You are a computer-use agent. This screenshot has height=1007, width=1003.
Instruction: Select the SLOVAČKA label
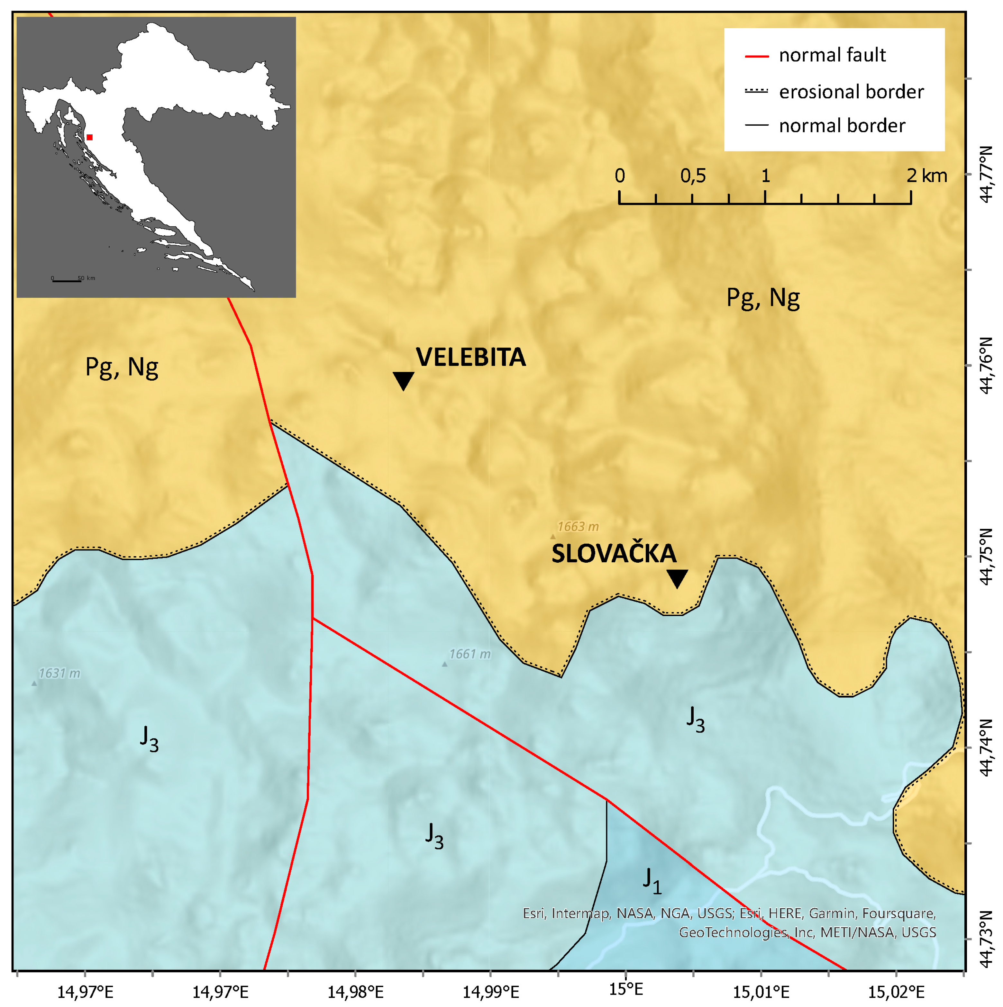click(x=614, y=554)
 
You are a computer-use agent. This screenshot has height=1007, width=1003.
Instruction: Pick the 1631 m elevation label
click(x=59, y=673)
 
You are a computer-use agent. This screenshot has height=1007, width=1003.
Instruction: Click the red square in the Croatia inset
click(x=90, y=137)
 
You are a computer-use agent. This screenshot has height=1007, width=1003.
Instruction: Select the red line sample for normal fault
click(x=756, y=56)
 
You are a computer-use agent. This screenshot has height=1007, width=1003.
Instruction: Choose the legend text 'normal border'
click(x=842, y=126)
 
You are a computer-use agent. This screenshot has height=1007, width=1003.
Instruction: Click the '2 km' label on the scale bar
click(x=926, y=176)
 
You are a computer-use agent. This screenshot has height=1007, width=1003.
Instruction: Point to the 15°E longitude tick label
click(x=625, y=989)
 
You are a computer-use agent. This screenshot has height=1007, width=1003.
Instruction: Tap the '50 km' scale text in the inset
click(x=87, y=278)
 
